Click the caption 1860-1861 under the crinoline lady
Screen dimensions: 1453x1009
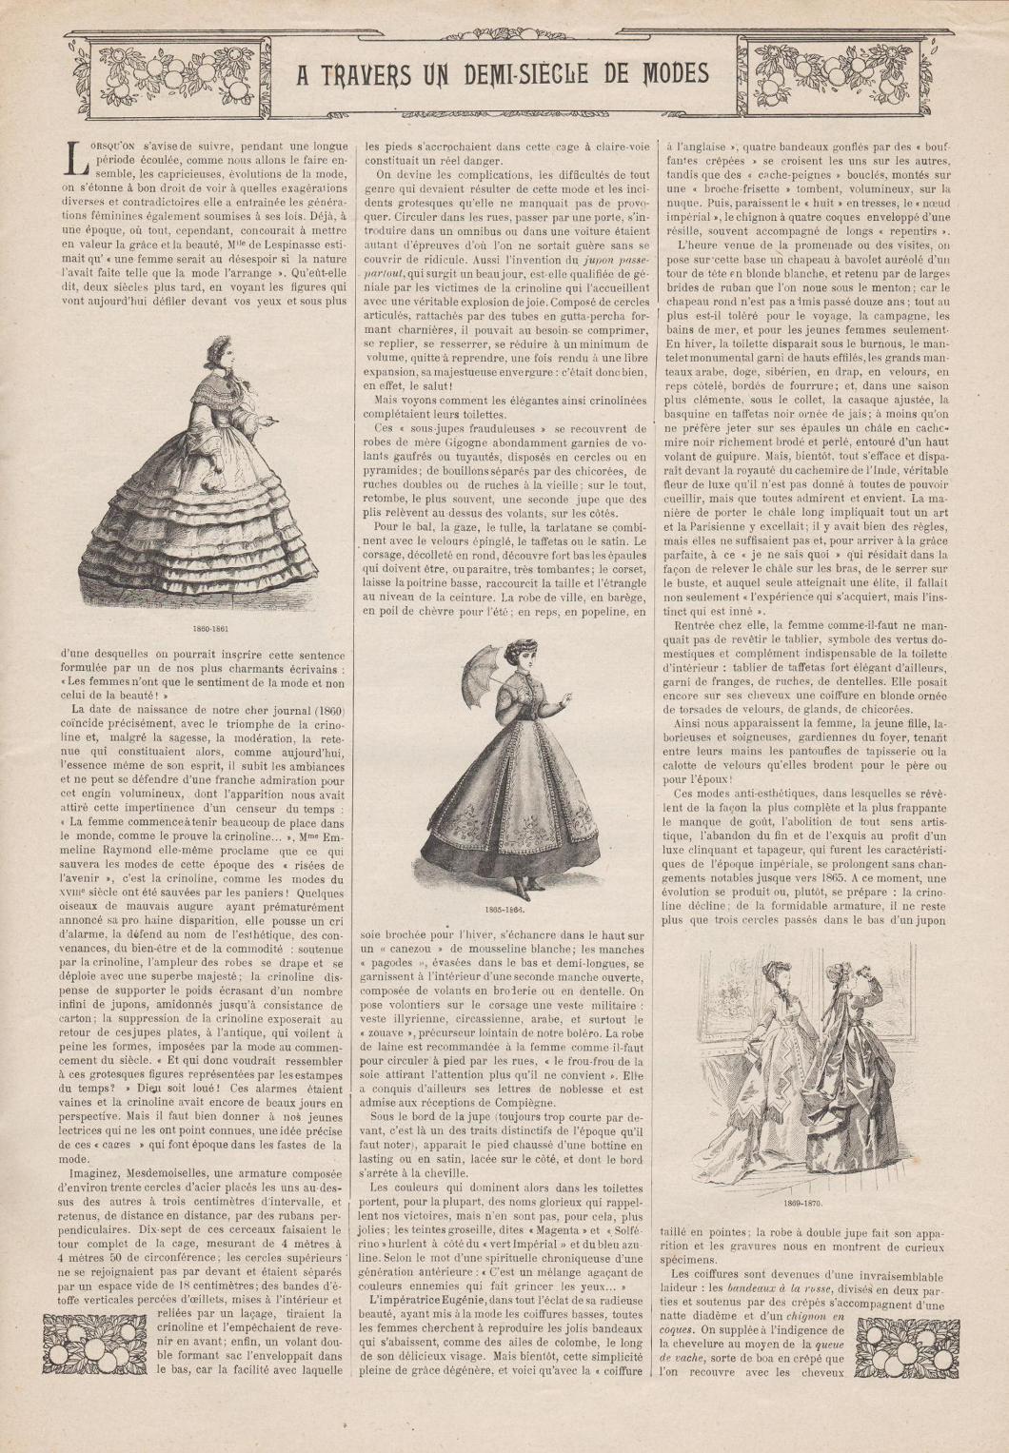(208, 629)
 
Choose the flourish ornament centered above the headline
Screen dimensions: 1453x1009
(503, 40)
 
